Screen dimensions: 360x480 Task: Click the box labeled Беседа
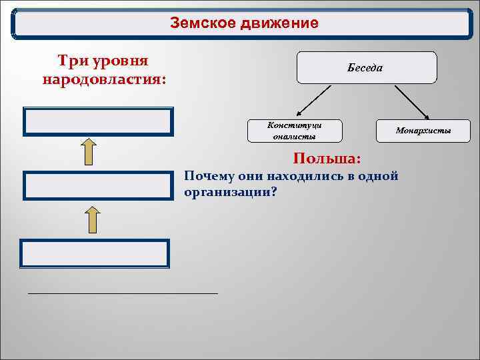(366, 67)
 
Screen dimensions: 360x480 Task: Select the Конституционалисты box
(294, 131)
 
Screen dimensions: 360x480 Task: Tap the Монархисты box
(423, 131)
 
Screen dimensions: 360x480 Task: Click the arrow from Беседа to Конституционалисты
(312, 101)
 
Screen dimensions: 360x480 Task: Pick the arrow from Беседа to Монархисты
(410, 101)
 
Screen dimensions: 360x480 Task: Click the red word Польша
(327, 159)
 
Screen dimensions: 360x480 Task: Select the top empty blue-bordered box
(98, 122)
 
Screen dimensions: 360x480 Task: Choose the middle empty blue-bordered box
(98, 186)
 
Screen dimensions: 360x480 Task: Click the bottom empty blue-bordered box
(95, 253)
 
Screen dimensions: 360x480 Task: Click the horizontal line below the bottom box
(123, 293)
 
